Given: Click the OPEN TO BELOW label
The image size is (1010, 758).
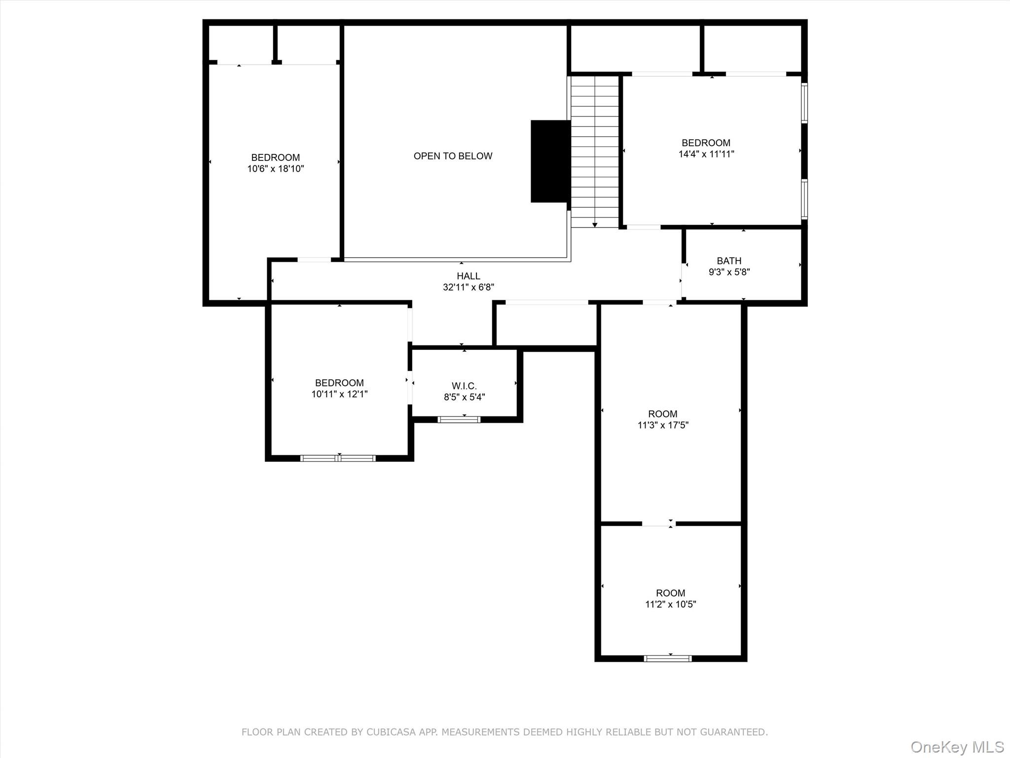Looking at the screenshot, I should tap(453, 156).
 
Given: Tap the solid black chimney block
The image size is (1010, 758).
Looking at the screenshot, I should tap(550, 161).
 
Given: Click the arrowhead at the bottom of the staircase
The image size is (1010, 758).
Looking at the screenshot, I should tap(595, 225).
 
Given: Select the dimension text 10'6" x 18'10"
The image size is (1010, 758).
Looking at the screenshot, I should tap(275, 169).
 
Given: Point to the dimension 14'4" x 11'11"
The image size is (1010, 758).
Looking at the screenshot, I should tap(706, 154).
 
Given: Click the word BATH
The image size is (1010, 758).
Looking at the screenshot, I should tap(728, 261).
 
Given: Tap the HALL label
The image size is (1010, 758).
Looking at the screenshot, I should tap(468, 276).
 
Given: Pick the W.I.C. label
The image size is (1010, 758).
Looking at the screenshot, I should tap(464, 386).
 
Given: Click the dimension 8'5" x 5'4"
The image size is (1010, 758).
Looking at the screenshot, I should tap(464, 397).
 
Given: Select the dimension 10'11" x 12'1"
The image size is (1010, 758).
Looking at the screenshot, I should tap(339, 394).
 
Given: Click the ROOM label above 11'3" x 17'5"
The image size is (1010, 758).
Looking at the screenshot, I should tap(662, 414).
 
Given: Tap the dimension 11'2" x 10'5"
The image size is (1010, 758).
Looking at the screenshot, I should tap(670, 604).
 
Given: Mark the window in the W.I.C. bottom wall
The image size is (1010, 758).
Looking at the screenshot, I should tap(459, 419).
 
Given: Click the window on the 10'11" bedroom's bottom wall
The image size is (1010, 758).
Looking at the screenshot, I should tap(338, 458).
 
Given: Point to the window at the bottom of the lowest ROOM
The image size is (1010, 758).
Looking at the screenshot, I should tap(668, 658).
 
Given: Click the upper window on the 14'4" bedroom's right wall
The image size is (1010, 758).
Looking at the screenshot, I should tap(804, 103).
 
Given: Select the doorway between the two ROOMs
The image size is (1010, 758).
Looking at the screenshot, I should tap(658, 524).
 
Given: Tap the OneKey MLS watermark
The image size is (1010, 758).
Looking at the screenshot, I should tap(957, 747).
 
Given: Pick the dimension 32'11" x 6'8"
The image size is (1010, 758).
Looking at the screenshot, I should tap(468, 287).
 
